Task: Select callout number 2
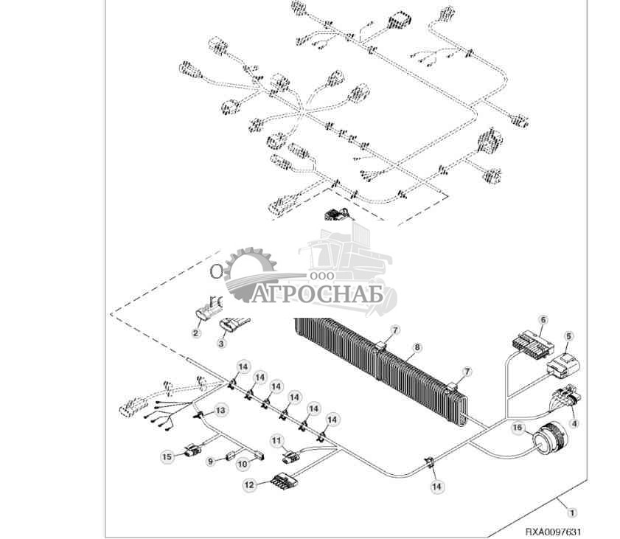[196, 333]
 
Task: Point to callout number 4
[574, 424]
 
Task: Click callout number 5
[568, 335]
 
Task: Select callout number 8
[417, 346]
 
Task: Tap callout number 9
[210, 461]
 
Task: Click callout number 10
[242, 463]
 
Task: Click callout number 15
[167, 457]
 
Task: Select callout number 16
[517, 427]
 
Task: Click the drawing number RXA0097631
[553, 531]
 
